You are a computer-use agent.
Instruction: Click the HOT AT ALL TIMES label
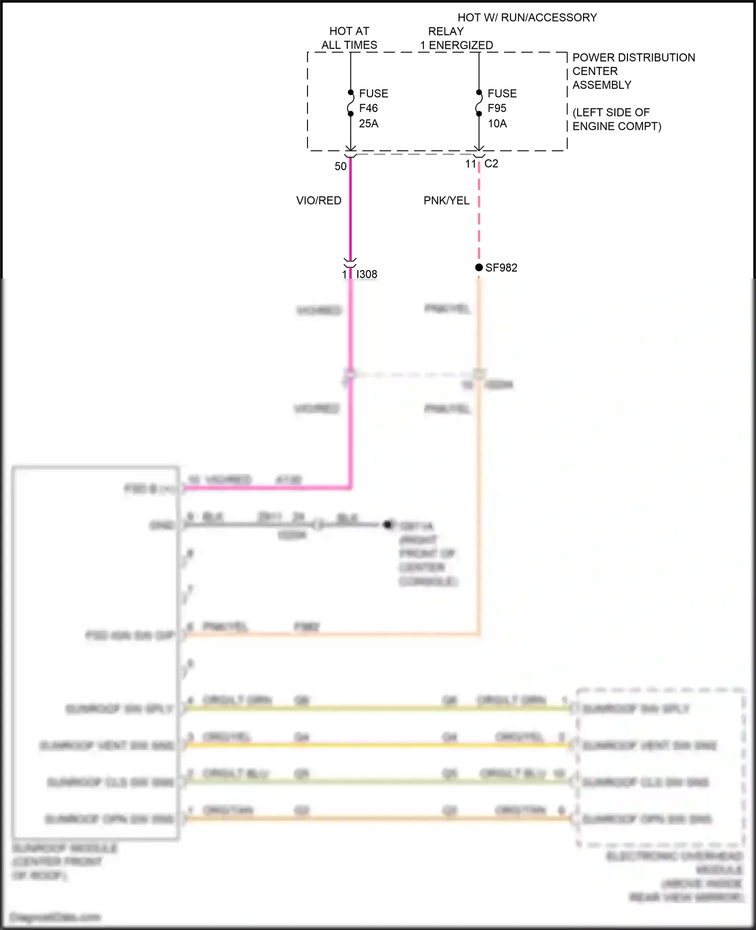(x=349, y=38)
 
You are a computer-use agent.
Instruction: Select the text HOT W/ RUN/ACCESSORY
(x=527, y=18)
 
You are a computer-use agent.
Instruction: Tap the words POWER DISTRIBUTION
(x=634, y=57)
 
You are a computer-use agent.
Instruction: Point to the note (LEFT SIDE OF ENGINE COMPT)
(x=616, y=119)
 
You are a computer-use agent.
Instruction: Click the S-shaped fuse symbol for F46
(x=351, y=103)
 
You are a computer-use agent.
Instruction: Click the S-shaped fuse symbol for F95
(x=479, y=103)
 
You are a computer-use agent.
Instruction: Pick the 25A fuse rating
(x=368, y=123)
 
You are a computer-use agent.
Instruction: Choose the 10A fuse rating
(x=497, y=123)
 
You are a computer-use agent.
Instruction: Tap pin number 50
(x=341, y=166)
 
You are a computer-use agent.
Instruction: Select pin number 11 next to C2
(x=470, y=164)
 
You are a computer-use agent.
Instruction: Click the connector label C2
(x=491, y=164)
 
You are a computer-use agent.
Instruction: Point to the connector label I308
(x=367, y=274)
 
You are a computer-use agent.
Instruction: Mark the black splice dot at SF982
(x=479, y=268)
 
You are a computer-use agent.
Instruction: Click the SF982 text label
(x=501, y=268)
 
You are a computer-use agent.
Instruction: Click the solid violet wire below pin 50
(x=350, y=212)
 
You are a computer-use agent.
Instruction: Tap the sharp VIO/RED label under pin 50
(x=319, y=201)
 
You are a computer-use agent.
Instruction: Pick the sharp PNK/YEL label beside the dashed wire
(x=447, y=201)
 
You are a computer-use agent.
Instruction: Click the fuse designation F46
(x=368, y=108)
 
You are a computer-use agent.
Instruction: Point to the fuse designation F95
(x=497, y=108)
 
